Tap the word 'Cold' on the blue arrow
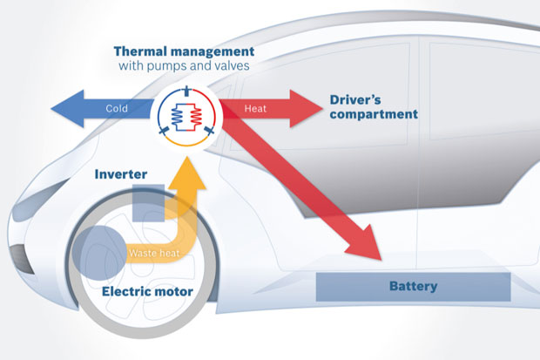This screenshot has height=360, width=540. [x=118, y=109]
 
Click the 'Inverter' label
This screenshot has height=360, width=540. [x=122, y=174]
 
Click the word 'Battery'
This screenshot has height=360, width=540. [x=414, y=286]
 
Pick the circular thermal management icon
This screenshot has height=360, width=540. [x=187, y=116]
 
